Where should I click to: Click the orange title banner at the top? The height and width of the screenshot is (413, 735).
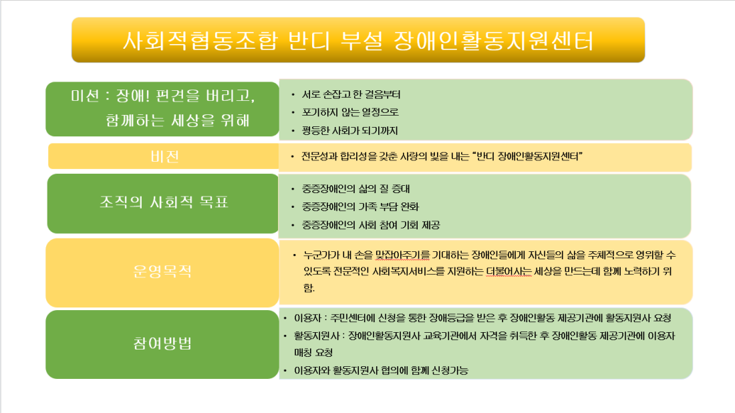click(358, 40)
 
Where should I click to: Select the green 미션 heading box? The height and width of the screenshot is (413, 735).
click(162, 109)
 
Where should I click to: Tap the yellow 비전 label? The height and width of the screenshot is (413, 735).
click(164, 156)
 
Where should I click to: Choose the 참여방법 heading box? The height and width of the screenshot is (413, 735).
click(162, 344)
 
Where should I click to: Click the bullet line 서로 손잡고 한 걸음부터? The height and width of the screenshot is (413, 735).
click(351, 95)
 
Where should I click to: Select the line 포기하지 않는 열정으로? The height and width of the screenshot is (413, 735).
click(350, 112)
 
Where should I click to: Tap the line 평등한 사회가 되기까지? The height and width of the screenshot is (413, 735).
click(349, 131)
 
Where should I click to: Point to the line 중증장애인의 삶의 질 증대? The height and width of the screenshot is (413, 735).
click(355, 189)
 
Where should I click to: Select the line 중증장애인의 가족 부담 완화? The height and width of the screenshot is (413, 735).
click(360, 206)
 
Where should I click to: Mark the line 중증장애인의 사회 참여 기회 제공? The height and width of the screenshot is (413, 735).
click(371, 225)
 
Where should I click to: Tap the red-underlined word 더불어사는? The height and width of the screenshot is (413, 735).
click(508, 271)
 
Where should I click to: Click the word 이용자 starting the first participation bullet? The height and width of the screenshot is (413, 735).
click(307, 318)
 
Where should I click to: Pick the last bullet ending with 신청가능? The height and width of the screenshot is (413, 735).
click(381, 371)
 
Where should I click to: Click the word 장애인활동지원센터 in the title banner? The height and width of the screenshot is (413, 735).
click(494, 41)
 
